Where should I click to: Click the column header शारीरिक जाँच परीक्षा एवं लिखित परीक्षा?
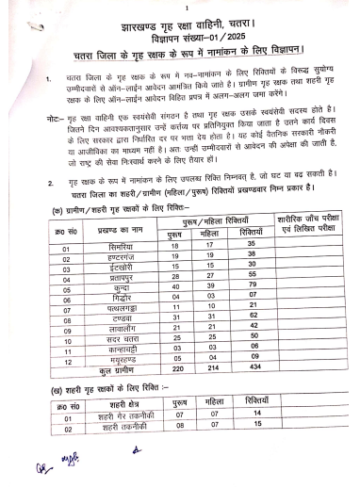pyautogui.click(x=315, y=226)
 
